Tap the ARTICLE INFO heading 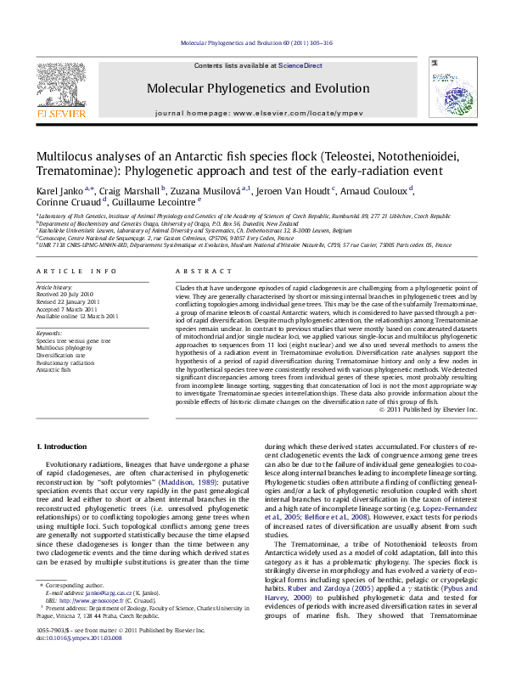76,271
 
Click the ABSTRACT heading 196,271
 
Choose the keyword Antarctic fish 53,370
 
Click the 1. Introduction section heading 64,446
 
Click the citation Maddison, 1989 201,482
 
